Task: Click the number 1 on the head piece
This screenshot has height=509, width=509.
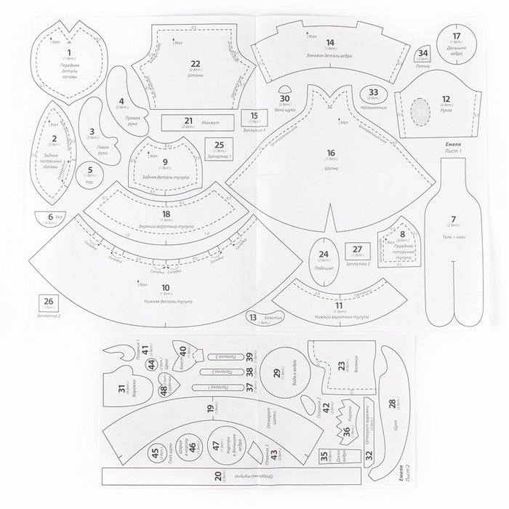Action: click(x=69, y=53)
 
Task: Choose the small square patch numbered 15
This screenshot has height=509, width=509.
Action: click(x=254, y=117)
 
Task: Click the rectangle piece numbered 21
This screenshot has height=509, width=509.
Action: click(x=188, y=121)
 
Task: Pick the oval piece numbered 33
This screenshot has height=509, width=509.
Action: click(x=374, y=94)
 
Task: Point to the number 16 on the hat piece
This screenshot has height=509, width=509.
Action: click(x=332, y=153)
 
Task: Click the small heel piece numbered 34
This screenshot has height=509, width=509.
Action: click(x=424, y=53)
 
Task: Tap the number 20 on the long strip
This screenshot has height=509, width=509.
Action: click(x=218, y=476)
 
